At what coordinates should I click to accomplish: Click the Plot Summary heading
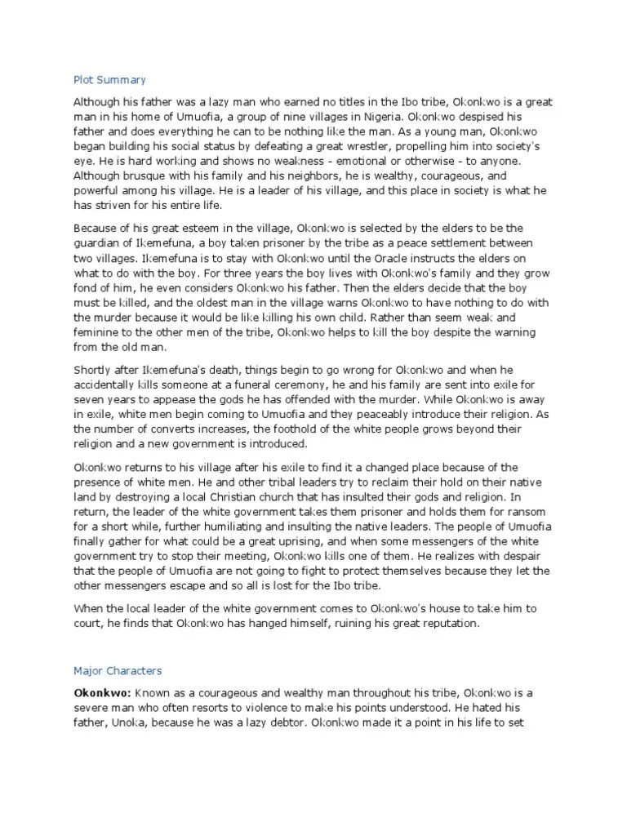(x=109, y=80)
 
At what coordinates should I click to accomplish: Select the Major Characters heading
(x=118, y=671)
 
